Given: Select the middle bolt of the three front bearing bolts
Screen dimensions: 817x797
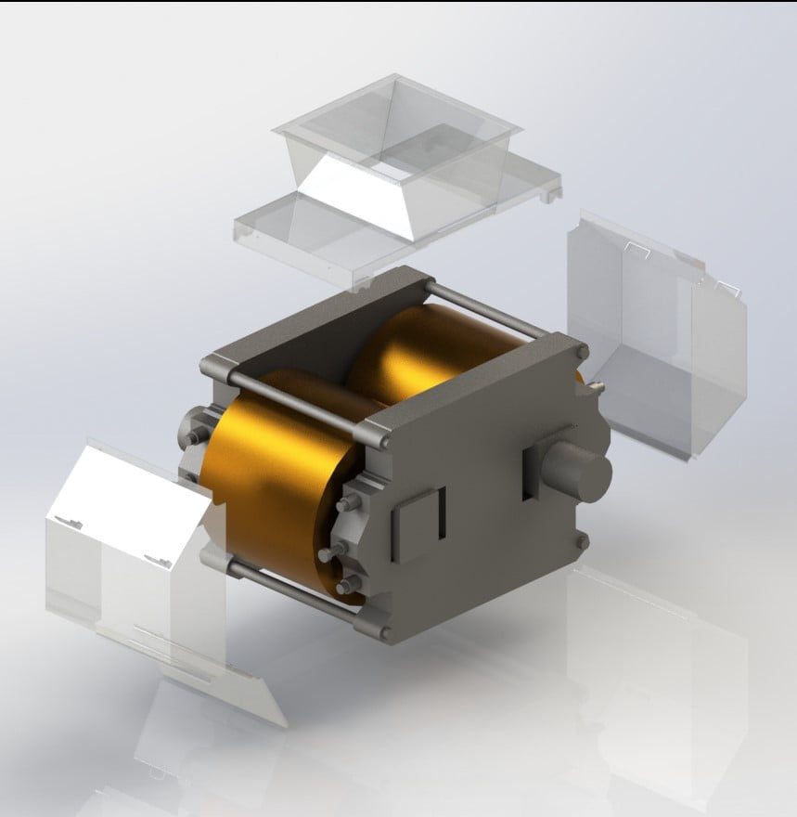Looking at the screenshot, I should click(328, 555).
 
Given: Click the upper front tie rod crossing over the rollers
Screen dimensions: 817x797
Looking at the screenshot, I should click(297, 405).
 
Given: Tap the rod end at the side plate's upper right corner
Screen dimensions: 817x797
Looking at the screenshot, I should click(581, 353).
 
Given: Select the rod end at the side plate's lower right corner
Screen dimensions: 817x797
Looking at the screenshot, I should click(582, 541).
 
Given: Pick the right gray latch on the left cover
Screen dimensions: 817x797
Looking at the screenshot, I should click(154, 557).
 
